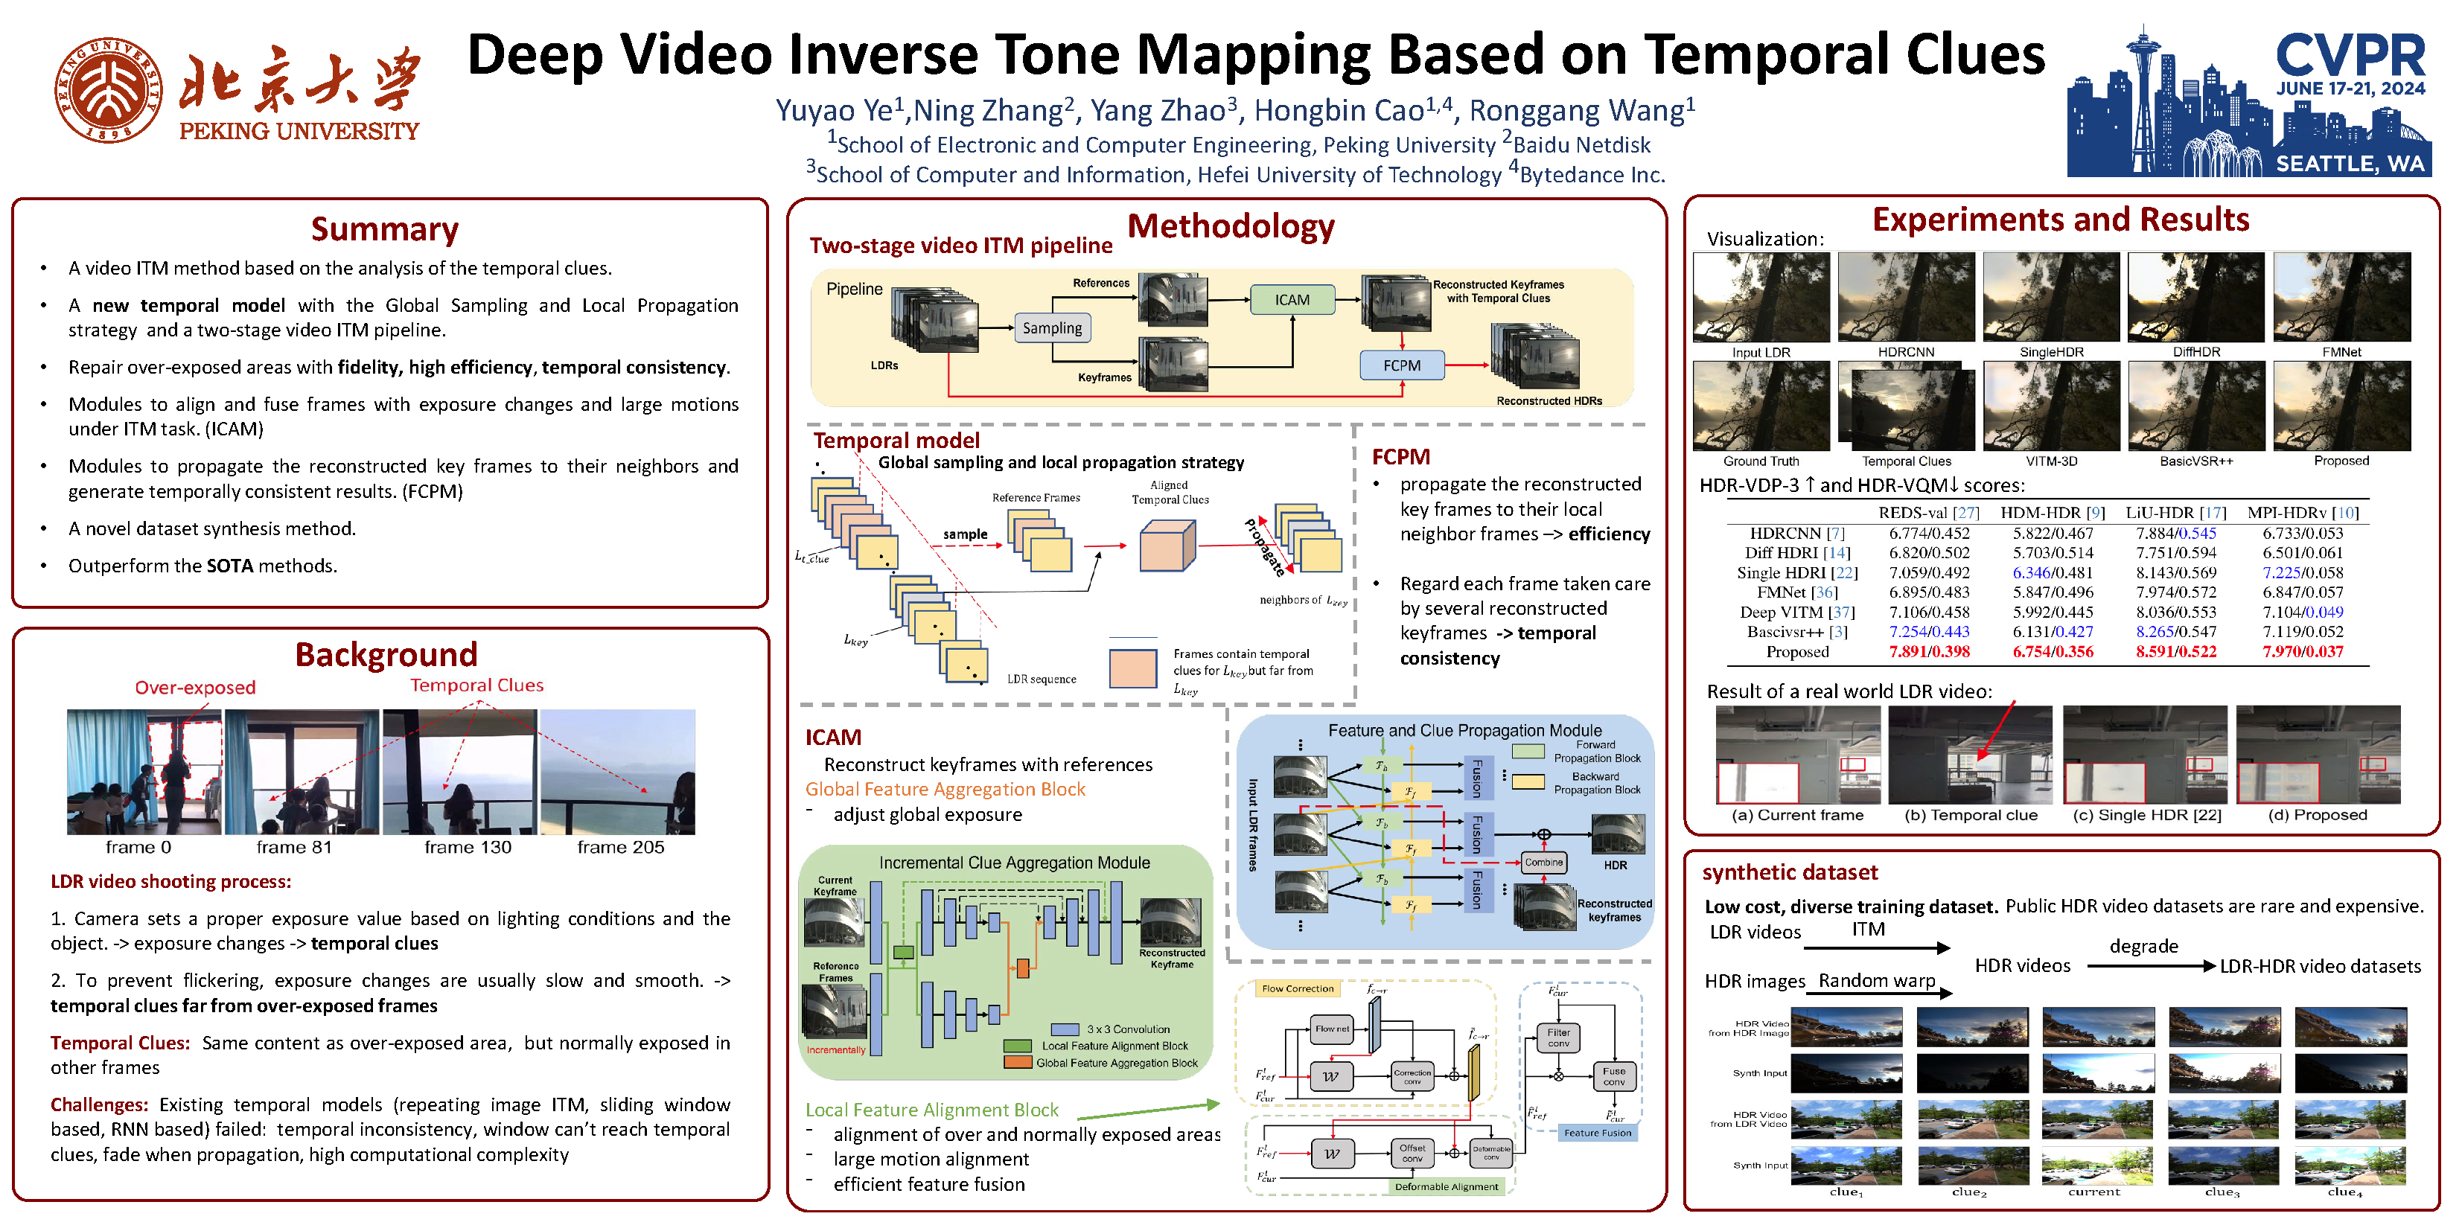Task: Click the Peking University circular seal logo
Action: [107, 90]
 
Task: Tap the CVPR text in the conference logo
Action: [2350, 54]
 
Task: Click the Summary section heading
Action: [384, 229]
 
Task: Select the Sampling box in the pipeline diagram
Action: [1051, 327]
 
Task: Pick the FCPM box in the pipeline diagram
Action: [1401, 365]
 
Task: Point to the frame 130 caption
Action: [468, 847]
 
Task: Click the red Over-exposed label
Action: [195, 687]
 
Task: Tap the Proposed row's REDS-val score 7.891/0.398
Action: [1929, 652]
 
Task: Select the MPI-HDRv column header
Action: [2303, 512]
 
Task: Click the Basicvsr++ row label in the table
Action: [1796, 632]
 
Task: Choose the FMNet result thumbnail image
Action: [2341, 296]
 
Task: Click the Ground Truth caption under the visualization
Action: [1761, 461]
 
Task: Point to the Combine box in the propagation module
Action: [1543, 862]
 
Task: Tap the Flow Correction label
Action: [1297, 988]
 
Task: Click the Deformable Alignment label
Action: [1446, 1186]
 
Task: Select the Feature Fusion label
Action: [1597, 1133]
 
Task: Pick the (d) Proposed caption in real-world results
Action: [2317, 814]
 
